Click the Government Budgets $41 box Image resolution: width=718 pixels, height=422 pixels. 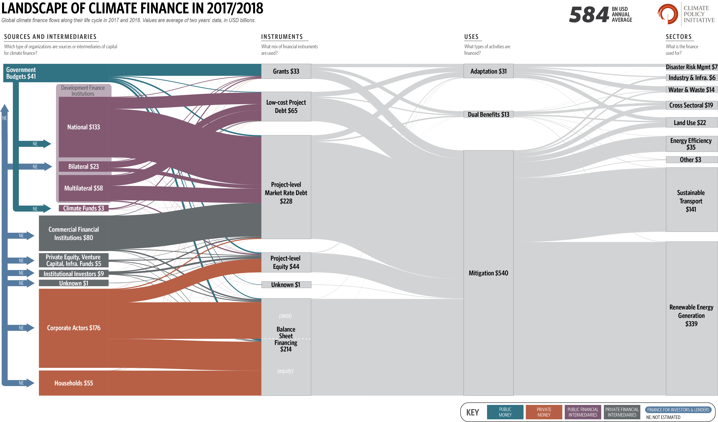tap(56, 73)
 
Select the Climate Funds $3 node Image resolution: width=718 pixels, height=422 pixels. tap(83, 208)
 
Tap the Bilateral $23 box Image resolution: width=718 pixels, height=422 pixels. tap(83, 167)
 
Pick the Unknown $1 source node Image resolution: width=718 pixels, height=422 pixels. tap(73, 283)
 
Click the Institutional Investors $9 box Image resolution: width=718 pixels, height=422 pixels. tap(73, 274)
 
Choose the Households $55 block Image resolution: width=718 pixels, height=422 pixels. tap(73, 383)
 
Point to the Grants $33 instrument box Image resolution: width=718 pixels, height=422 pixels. tap(286, 71)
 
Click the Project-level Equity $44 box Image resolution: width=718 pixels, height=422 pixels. tap(286, 262)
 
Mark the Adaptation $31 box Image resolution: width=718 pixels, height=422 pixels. tap(488, 71)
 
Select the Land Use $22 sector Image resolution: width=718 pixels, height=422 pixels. tap(692, 122)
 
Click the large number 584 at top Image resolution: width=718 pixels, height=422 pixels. tap(589, 15)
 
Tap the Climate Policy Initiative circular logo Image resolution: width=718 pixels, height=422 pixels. tap(667, 14)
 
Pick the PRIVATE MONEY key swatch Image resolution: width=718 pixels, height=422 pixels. tap(544, 412)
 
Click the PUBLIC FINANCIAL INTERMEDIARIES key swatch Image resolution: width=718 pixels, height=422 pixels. tap(583, 412)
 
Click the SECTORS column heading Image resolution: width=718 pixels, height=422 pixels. tap(679, 37)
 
